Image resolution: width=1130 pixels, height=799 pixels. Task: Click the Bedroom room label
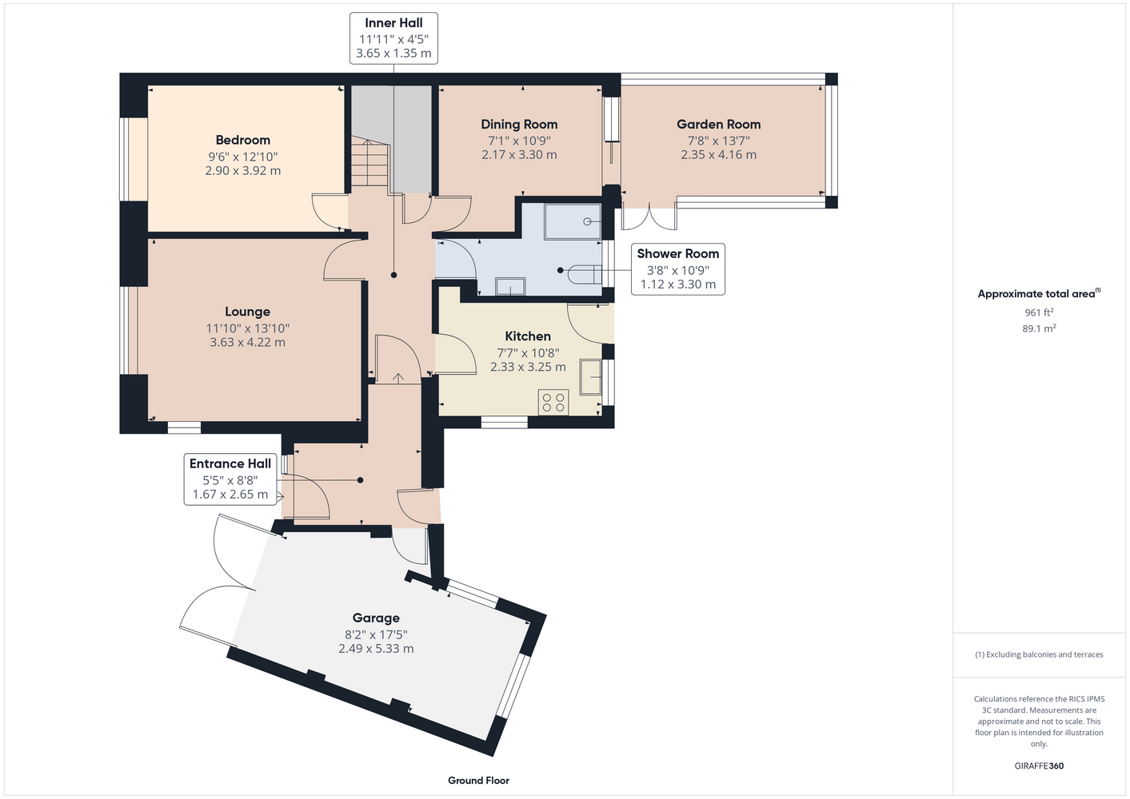(x=242, y=140)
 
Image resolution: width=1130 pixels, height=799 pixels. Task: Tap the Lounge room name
(x=247, y=312)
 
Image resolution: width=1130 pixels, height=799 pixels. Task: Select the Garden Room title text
(x=718, y=124)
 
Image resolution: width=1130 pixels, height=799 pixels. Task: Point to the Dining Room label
(x=519, y=124)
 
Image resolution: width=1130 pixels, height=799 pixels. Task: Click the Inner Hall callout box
(x=393, y=38)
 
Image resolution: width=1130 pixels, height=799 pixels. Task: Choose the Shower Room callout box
(x=678, y=269)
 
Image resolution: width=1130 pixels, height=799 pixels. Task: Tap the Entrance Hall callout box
(x=230, y=479)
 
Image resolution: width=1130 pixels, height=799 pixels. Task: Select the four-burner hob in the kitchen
(x=553, y=402)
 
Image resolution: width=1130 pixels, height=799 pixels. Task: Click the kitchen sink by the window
(x=590, y=376)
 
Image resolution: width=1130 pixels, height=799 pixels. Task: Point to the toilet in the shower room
(x=585, y=275)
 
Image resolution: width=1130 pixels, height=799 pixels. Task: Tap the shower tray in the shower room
(x=573, y=221)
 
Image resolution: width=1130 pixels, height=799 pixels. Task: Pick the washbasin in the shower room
(x=510, y=286)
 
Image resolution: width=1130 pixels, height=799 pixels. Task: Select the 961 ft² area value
(x=1039, y=312)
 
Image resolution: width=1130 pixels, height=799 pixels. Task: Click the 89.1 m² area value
(x=1039, y=328)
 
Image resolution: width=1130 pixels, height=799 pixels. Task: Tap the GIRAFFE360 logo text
(x=1039, y=765)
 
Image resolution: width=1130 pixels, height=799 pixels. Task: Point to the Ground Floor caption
(x=478, y=781)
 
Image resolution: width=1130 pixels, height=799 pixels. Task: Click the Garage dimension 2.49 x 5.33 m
(x=376, y=648)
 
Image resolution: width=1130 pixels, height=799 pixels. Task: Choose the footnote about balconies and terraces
(x=1039, y=654)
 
